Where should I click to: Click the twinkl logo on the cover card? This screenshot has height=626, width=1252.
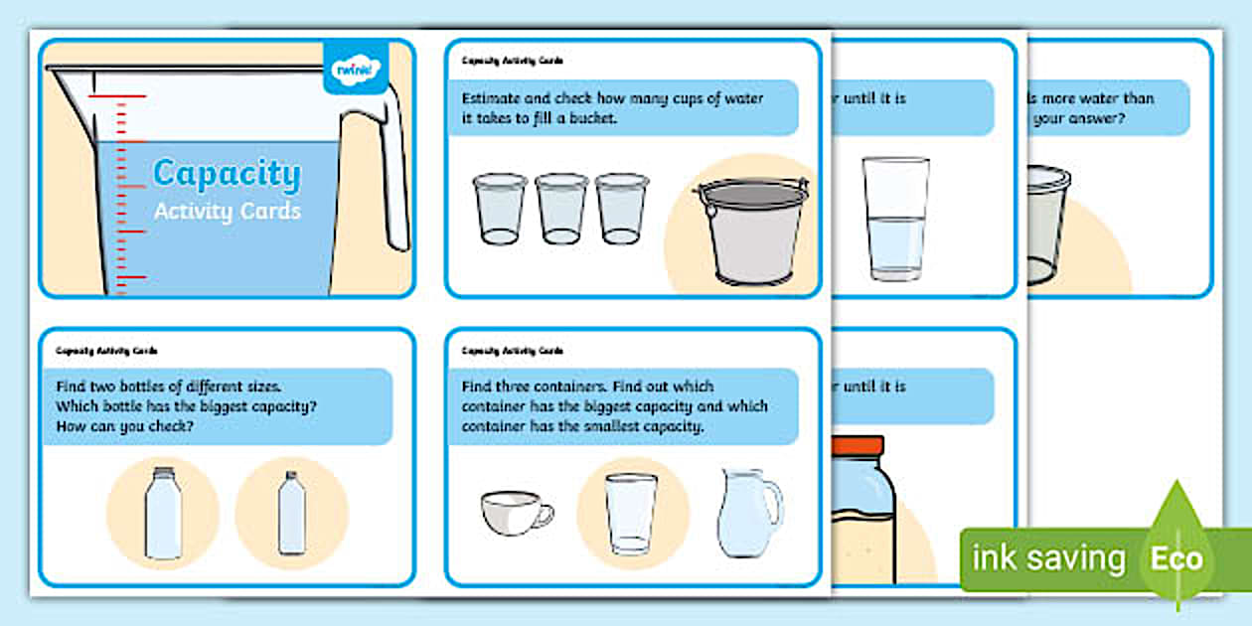click(x=355, y=68)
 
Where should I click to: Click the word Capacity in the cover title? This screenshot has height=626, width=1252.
click(x=226, y=175)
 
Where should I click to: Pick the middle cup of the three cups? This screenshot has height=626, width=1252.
click(x=561, y=209)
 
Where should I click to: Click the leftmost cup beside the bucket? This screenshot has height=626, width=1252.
click(x=500, y=209)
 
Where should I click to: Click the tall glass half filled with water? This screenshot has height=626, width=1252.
click(x=895, y=218)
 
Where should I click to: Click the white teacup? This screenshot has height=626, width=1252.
click(x=515, y=513)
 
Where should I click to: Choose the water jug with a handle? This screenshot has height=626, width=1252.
click(x=748, y=513)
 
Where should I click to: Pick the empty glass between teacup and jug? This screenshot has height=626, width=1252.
click(x=631, y=513)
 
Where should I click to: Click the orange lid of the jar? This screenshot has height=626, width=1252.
click(x=859, y=446)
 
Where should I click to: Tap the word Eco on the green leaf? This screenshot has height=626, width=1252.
click(x=1175, y=558)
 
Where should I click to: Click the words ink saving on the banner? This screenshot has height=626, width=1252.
click(x=1047, y=558)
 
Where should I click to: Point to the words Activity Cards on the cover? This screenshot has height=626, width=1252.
click(x=227, y=212)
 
